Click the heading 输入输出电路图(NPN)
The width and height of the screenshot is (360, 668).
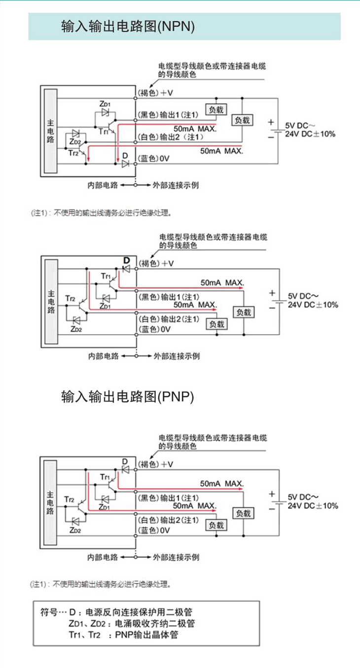point(128,26)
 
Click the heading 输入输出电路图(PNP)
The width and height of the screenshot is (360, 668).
point(127,397)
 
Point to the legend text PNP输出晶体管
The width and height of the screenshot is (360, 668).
point(146,635)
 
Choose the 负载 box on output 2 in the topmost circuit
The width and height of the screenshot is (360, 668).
point(242,120)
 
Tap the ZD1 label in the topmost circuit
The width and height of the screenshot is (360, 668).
point(105,104)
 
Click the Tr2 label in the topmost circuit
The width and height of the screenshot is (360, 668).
point(72,153)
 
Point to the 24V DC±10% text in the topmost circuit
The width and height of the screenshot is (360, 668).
point(311,134)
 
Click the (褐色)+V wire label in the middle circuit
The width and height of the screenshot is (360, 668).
point(155,263)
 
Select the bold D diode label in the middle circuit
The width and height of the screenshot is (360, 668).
point(126,260)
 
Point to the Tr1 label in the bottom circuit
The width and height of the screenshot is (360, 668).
point(105,477)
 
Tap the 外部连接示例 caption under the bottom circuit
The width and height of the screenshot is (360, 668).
point(176,557)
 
